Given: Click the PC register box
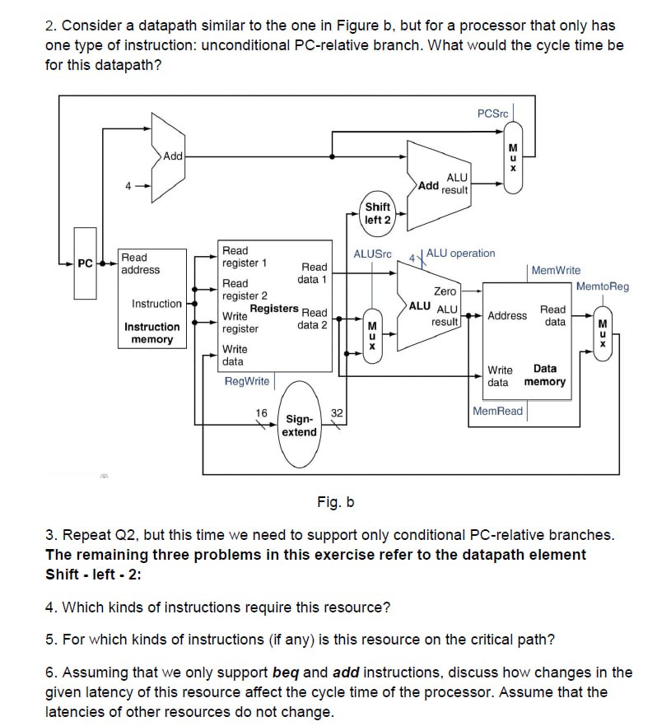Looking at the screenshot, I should point(85,263).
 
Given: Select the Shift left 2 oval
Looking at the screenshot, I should point(377,213).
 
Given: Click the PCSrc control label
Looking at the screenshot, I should point(493,113).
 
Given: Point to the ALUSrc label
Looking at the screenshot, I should point(372,254).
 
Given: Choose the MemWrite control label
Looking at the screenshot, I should point(556,270).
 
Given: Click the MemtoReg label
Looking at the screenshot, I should point(602,286).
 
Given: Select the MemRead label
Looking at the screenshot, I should point(497,411).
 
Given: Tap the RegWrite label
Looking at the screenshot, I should point(246,381).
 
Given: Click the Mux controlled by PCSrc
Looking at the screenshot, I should point(512,156).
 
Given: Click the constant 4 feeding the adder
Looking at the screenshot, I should point(128,185).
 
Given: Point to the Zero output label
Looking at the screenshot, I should point(445,291).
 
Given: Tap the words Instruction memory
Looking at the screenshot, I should point(151,333).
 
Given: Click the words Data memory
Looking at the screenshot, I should point(544,375).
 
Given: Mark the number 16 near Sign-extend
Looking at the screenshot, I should point(262,412).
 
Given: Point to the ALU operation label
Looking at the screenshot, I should point(460,254).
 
